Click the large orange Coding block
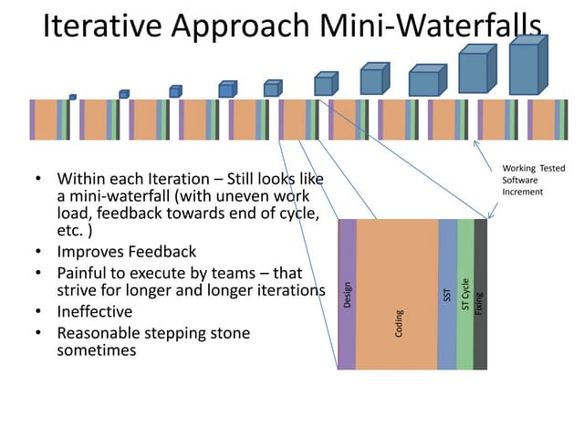397,274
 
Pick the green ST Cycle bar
465,246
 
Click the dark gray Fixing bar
480,246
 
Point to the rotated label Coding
399,325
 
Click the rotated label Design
348,294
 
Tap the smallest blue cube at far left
72,97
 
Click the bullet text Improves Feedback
126,251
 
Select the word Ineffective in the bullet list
95,311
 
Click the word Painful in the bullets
85,272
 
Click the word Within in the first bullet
83,178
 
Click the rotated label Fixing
480,297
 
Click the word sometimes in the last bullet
97,349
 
